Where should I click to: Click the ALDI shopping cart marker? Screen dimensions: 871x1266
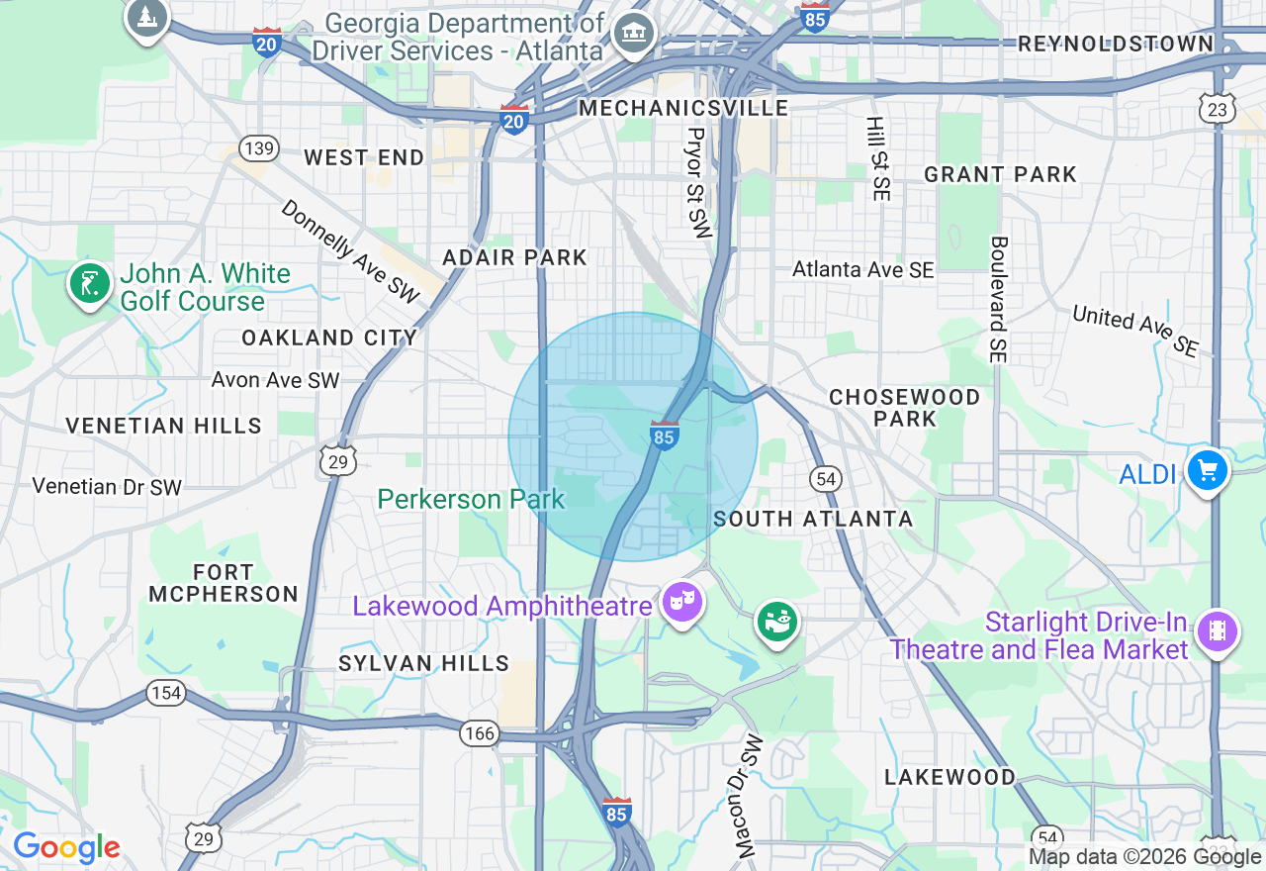1207,470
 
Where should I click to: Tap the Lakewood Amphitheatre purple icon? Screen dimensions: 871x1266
681,601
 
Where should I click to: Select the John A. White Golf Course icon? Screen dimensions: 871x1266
90,283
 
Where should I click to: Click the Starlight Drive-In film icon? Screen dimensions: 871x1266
1217,629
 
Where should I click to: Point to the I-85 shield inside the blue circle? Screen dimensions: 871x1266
665,435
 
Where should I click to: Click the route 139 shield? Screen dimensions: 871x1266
259,148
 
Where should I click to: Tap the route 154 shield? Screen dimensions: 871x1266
166,692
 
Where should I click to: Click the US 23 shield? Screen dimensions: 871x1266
1218,109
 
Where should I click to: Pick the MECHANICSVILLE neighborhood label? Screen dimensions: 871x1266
683,108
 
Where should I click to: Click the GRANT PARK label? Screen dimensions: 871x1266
1000,175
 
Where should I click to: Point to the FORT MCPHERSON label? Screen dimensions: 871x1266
224,583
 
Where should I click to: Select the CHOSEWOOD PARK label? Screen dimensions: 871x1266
904,408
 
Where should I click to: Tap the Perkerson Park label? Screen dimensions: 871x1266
471,499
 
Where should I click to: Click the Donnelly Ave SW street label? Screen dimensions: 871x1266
351,251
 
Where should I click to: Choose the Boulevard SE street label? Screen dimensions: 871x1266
999,299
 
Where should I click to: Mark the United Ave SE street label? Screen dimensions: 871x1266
1135,331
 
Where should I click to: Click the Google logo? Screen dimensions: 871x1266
66,848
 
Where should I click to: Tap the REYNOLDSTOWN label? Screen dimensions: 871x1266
1115,44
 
